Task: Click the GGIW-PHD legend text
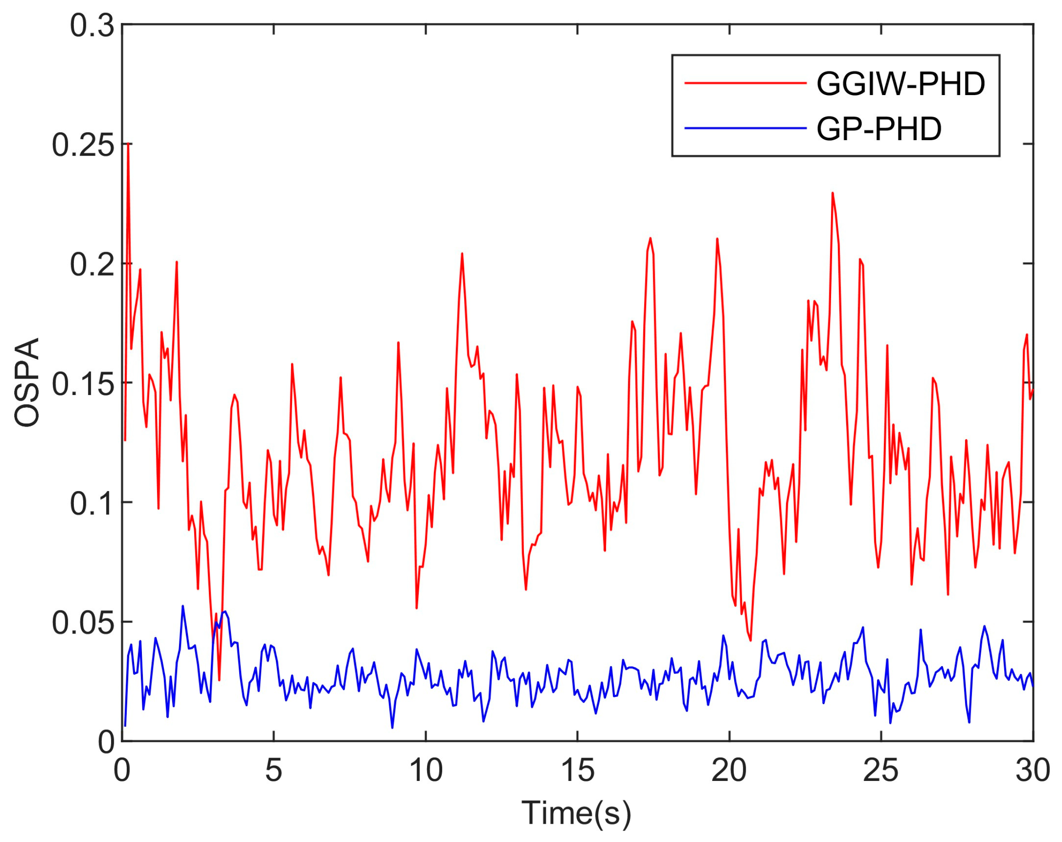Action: (900, 84)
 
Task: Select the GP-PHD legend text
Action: (879, 129)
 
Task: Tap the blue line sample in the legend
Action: (745, 129)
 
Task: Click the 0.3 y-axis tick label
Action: (92, 26)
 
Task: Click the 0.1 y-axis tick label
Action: (92, 503)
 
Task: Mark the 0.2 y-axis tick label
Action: (92, 265)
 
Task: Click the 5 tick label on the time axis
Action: (273, 770)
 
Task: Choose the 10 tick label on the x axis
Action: (426, 770)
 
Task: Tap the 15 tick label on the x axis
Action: (577, 770)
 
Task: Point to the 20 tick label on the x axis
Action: (729, 770)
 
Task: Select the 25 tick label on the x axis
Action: (881, 770)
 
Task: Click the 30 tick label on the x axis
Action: (1033, 770)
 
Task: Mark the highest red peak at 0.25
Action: (128, 144)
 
